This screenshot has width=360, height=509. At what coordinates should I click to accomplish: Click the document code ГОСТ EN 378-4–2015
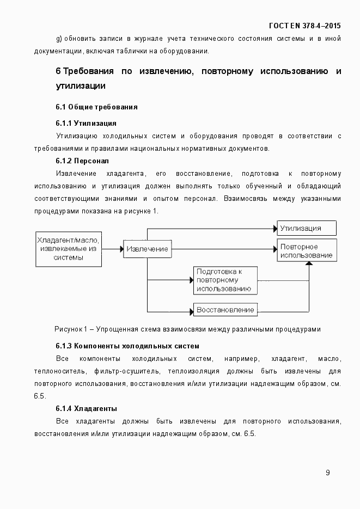pos(305,26)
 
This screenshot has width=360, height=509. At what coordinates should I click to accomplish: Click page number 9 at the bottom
pos(327,473)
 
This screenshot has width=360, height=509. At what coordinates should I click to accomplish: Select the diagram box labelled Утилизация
pos(307,228)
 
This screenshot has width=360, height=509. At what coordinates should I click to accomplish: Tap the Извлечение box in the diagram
pos(147,249)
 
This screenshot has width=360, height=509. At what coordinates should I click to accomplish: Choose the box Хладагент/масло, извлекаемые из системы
pos(69,249)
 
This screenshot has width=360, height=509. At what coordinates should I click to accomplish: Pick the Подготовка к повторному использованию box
pos(225,280)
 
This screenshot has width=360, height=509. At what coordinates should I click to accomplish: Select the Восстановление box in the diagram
pos(225,310)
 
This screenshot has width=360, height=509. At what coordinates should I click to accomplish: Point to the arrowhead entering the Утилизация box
pos(274,228)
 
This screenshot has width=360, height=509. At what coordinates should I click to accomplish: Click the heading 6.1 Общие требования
pos(96,107)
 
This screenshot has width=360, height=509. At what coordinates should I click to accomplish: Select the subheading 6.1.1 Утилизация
pos(86,123)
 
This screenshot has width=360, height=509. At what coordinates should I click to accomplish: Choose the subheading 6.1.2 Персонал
pos(82,161)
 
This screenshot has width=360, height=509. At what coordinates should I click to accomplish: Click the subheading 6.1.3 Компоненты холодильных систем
pos(127,346)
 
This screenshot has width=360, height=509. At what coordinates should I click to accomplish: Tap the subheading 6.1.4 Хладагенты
pos(87,408)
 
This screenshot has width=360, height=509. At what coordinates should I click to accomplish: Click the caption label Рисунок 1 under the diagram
pos(71,329)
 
